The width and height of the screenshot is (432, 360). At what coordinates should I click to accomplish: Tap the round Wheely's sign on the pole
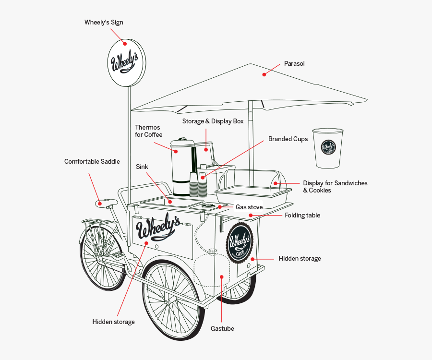point(125,63)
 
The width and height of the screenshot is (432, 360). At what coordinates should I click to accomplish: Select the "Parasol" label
point(294,63)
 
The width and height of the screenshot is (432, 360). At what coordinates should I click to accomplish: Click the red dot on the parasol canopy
point(264,74)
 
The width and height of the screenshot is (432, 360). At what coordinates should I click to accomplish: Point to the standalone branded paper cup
point(328,148)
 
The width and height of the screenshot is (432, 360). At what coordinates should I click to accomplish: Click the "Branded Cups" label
point(288,139)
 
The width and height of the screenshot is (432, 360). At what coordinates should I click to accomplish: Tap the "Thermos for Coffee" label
point(148,131)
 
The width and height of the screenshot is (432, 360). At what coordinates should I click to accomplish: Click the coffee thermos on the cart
point(181,168)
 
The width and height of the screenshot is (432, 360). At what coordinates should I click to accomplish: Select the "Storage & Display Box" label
point(213,121)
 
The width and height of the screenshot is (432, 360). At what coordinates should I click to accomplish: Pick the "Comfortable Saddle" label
point(92,162)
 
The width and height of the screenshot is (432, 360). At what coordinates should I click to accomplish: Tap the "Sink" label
point(142,167)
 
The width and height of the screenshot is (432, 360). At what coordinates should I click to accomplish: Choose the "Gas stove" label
point(249,207)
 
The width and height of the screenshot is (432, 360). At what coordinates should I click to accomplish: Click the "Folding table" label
point(302,216)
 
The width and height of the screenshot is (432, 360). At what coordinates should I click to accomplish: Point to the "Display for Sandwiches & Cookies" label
point(335,187)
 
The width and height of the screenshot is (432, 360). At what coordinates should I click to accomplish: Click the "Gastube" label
point(222,329)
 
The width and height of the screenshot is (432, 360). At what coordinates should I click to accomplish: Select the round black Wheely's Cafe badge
point(240,243)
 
